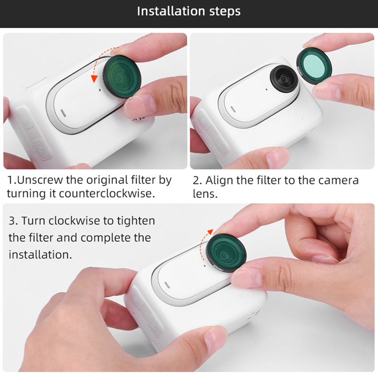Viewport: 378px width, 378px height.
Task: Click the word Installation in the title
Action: (x=171, y=11)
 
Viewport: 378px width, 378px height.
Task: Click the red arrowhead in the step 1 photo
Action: (x=94, y=79)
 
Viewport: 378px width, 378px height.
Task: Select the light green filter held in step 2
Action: (x=314, y=65)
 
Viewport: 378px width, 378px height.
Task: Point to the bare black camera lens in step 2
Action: (x=284, y=78)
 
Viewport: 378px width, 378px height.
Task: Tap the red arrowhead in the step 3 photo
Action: (x=210, y=232)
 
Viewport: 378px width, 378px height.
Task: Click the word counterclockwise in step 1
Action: (x=107, y=193)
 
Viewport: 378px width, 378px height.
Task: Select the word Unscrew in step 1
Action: (x=41, y=180)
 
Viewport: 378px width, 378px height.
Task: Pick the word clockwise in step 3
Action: (x=74, y=221)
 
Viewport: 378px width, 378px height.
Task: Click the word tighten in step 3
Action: (x=136, y=221)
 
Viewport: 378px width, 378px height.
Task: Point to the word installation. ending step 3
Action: (x=40, y=254)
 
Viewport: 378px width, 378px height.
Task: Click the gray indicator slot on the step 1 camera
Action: (x=64, y=113)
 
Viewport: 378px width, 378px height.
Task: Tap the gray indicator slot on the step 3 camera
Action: (x=167, y=285)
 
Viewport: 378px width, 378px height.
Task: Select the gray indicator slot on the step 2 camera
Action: (x=233, y=109)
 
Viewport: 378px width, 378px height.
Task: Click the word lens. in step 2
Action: (x=205, y=194)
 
